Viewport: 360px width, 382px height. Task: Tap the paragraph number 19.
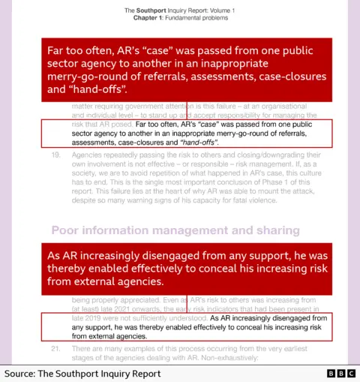click(56, 155)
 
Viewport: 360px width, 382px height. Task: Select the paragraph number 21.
click(56, 349)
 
